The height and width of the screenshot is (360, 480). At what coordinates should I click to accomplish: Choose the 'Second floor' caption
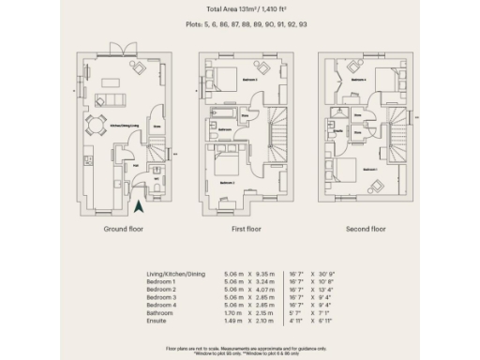(x=366, y=229)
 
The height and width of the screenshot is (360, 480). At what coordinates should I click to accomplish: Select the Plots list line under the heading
(x=239, y=26)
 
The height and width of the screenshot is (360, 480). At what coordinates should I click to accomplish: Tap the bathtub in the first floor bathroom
(x=226, y=115)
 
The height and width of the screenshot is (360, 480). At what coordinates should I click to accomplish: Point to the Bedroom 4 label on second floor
(x=358, y=81)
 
